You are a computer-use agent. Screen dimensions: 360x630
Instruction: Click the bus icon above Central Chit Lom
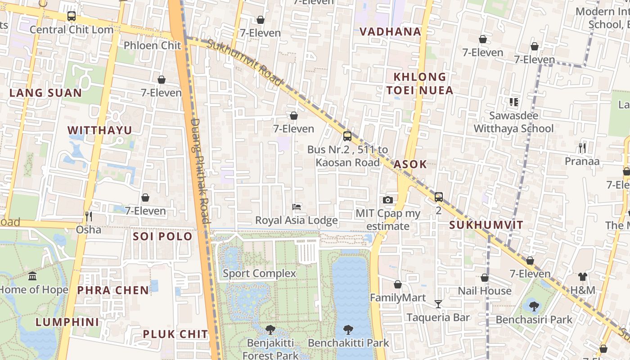pos(71,16)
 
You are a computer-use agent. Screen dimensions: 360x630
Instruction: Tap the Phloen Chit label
pos(152,45)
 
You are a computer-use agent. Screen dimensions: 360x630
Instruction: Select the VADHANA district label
pos(390,31)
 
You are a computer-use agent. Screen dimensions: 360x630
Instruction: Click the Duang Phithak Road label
pos(200,171)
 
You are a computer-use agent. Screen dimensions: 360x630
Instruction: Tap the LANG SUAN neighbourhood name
pos(45,93)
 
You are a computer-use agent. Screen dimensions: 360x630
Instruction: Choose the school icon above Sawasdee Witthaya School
pos(513,102)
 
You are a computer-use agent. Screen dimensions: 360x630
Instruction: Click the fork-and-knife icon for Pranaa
pos(582,148)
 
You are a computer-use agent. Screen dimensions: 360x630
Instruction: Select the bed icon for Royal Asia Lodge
pos(297,207)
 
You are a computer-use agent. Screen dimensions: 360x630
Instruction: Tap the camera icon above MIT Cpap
pos(388,200)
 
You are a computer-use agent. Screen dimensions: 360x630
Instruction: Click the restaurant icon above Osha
pos(89,216)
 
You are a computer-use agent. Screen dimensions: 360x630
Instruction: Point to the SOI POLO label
pos(162,236)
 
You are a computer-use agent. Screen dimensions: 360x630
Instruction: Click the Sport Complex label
pos(259,273)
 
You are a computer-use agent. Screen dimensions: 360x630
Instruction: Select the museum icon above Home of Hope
pos(32,276)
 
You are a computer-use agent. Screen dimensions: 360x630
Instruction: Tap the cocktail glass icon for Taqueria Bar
pos(438,304)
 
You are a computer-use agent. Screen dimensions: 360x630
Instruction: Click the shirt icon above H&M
pos(583,277)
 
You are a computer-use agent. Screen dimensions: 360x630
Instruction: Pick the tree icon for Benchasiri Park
pos(534,306)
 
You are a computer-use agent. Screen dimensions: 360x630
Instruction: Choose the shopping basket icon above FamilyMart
pos(397,284)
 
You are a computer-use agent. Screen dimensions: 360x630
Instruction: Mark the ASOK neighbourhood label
pos(410,164)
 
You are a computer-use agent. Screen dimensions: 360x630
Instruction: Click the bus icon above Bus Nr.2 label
pos(347,136)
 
